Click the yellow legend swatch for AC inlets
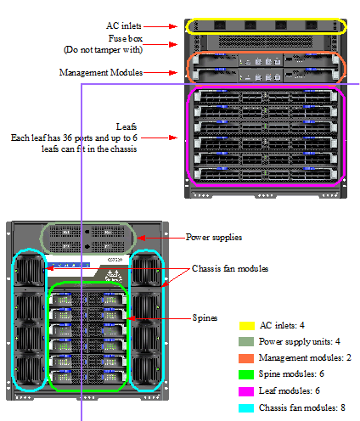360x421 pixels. point(247,326)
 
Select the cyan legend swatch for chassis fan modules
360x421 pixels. point(246,408)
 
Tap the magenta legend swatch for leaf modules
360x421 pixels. point(246,391)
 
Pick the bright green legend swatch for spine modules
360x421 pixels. point(246,374)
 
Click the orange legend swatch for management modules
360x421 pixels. point(246,358)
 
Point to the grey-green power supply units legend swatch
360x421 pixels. point(246,342)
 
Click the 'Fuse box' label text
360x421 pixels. point(126,38)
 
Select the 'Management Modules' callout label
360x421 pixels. point(101,72)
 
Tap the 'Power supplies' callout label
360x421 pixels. point(214,237)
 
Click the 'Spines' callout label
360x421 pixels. point(205,317)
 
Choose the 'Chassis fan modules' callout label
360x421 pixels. point(230,268)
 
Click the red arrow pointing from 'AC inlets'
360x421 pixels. point(160,26)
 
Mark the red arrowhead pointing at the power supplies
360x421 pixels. point(141,239)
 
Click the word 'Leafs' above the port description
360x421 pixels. point(127,126)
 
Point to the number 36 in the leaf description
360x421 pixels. point(67,138)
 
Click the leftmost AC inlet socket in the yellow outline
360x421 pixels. point(220,25)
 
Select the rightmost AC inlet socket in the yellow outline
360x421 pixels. point(311,25)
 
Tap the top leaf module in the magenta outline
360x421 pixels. point(266,96)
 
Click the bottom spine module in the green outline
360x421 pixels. point(88,377)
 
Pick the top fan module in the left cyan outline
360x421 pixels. point(29,271)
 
